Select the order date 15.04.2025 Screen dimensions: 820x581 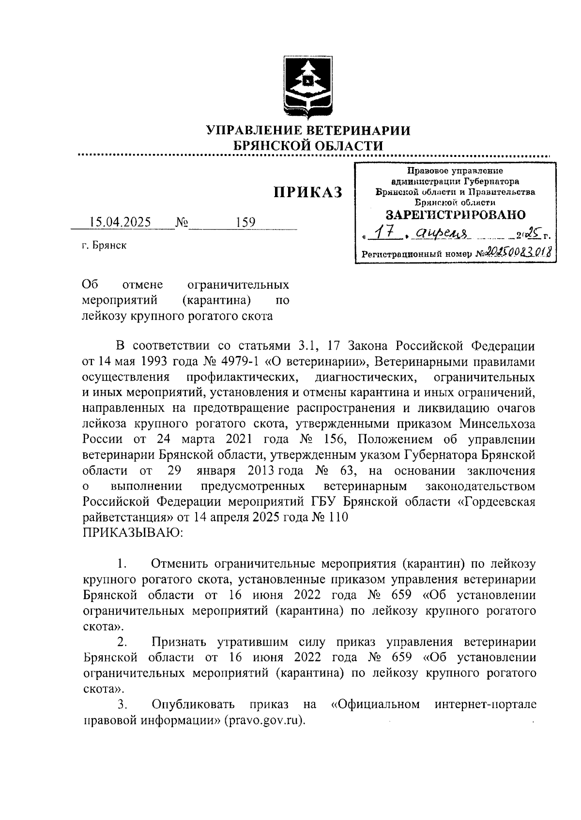(x=121, y=222)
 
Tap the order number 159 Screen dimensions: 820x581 (x=245, y=222)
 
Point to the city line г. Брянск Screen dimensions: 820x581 (x=104, y=246)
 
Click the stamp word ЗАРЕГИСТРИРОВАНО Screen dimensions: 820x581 (x=455, y=215)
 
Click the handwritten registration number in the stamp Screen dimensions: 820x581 (x=519, y=251)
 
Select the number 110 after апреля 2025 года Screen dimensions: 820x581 (x=338, y=517)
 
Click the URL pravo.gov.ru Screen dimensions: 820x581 (x=264, y=719)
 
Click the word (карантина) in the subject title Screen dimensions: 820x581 (x=216, y=300)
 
